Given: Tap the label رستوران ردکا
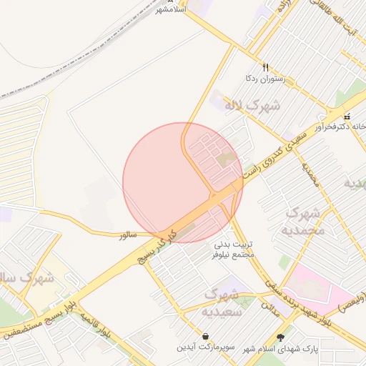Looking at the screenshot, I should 265,78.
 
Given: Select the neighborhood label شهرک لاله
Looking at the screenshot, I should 252,106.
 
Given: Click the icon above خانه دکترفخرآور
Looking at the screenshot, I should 347,116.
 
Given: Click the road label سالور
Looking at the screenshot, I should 127,234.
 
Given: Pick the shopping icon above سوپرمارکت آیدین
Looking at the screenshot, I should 206,336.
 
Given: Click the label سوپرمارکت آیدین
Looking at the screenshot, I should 207,347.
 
